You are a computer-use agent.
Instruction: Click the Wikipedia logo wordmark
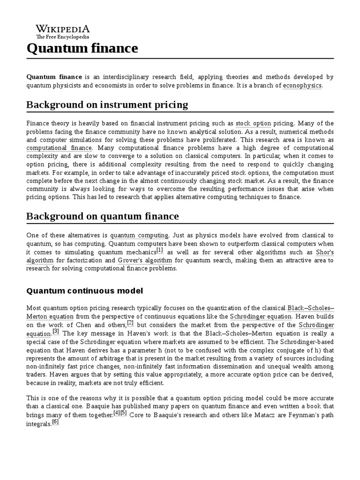[63, 28]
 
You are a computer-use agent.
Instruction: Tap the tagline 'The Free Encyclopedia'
[63, 37]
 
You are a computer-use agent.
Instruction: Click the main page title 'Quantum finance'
[82, 48]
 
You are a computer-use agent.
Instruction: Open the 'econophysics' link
[302, 85]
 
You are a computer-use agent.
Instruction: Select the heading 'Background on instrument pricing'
[107, 105]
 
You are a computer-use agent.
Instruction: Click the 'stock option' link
[253, 124]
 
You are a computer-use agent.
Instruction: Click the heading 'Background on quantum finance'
[102, 216]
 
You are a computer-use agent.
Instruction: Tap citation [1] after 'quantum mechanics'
[159, 250]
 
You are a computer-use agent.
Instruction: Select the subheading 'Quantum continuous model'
[84, 291]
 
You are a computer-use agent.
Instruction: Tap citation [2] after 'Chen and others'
[130, 323]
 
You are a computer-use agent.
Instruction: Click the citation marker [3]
[56, 331]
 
